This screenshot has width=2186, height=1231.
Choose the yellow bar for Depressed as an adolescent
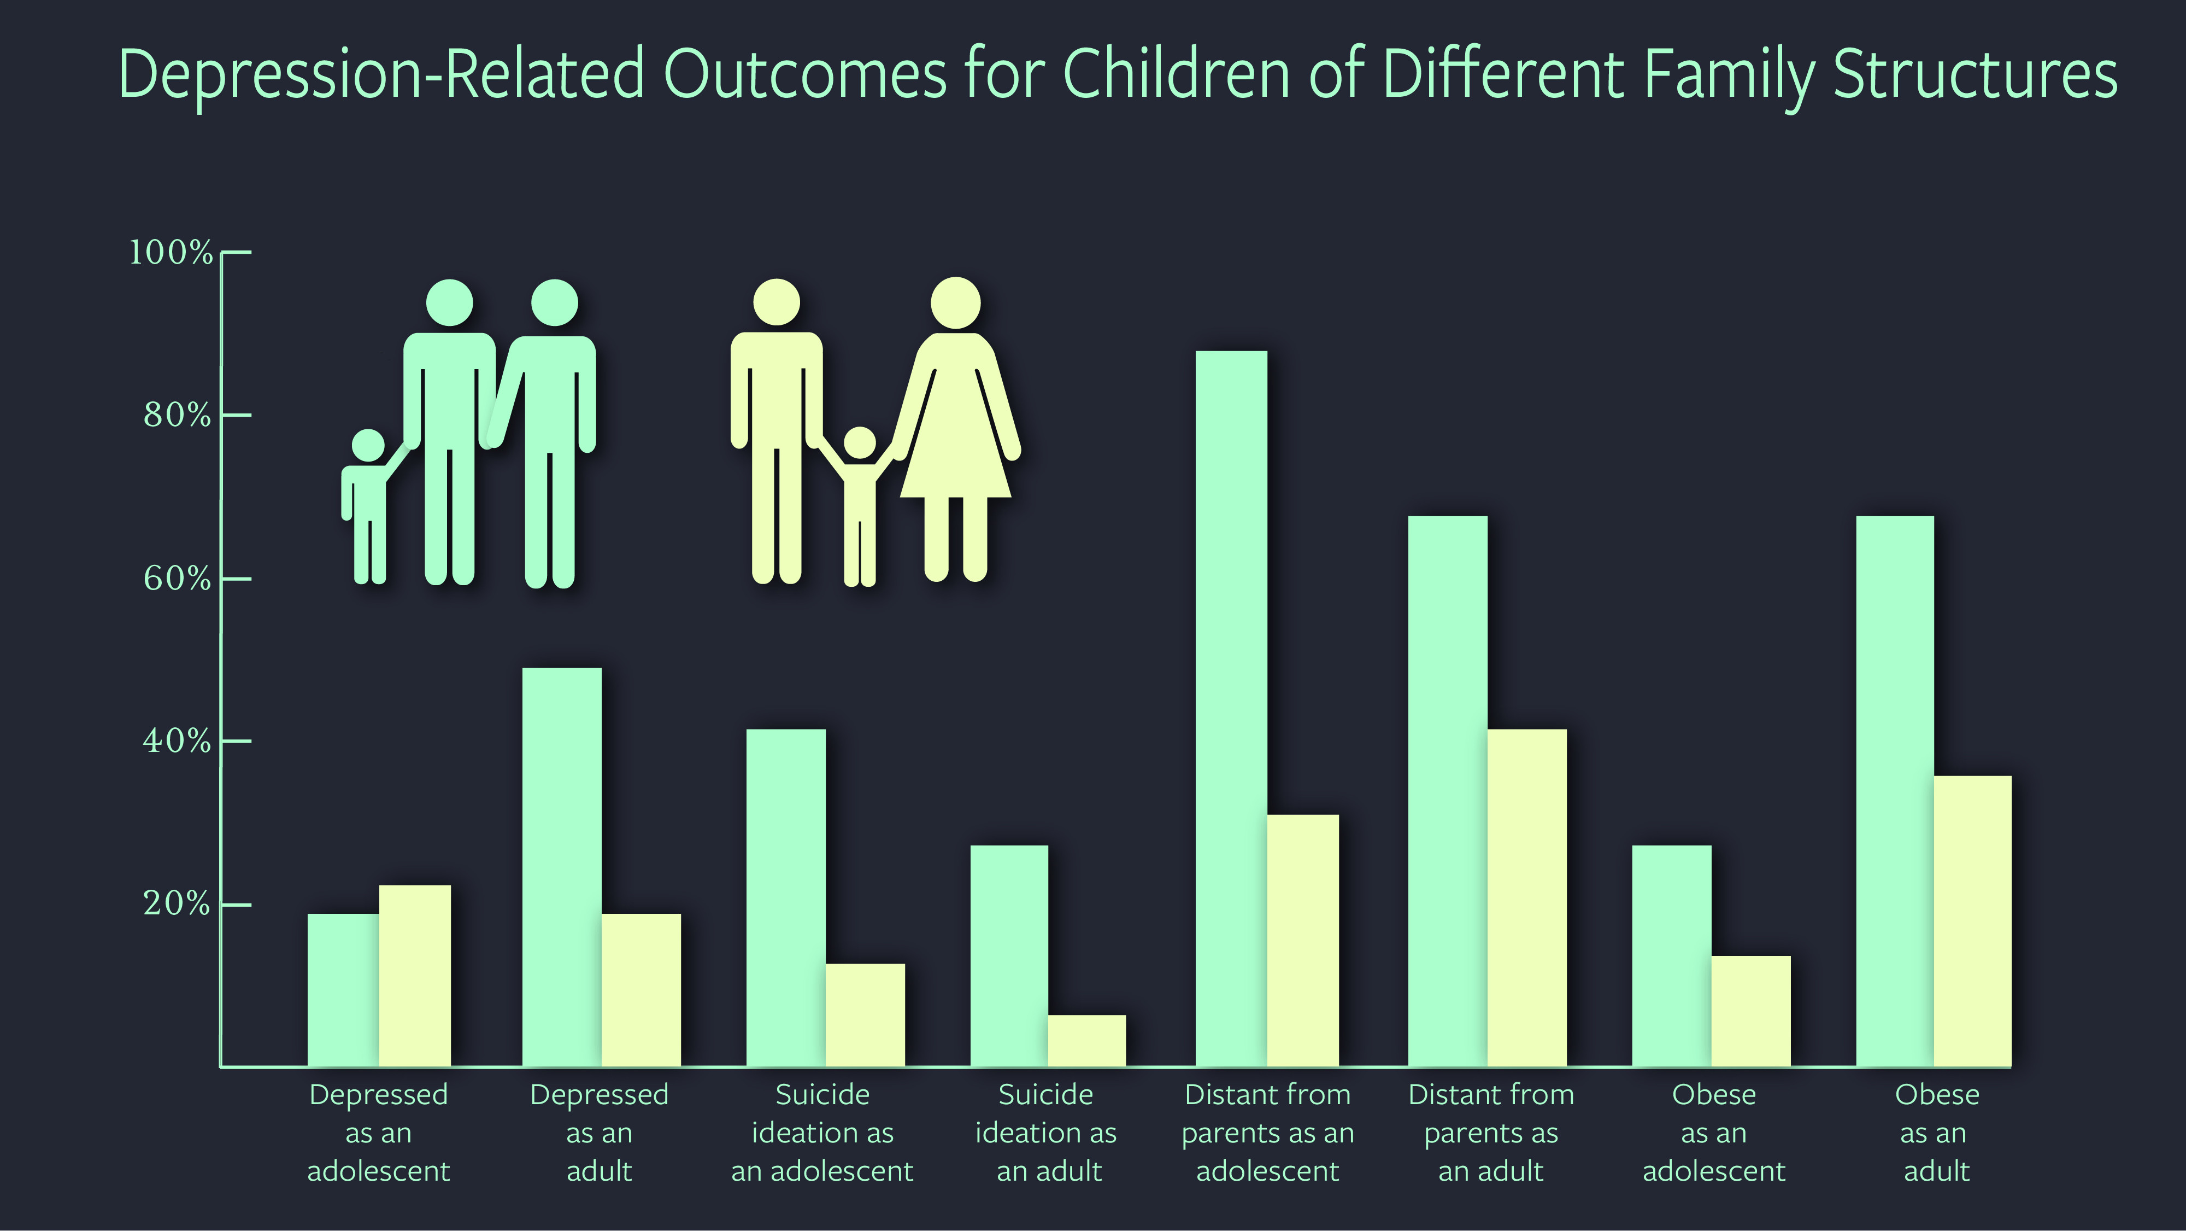[415, 976]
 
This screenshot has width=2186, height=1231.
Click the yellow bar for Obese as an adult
[1972, 921]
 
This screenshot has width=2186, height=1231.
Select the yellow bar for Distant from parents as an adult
[1526, 897]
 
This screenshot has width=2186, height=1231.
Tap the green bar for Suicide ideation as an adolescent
[786, 897]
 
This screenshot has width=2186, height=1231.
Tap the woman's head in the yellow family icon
[955, 303]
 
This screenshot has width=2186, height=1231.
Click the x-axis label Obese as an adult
[1936, 1133]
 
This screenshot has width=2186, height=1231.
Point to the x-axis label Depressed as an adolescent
[379, 1133]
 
